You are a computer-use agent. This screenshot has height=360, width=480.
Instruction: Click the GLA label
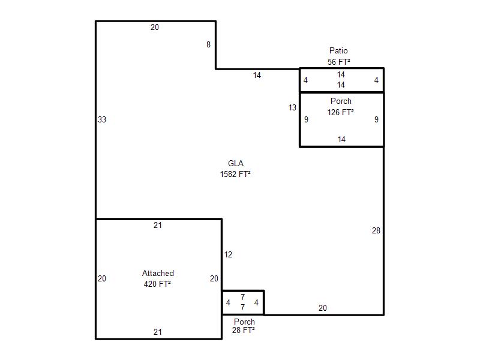tap(236, 163)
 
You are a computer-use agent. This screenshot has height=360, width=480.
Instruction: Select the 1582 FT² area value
tap(235, 174)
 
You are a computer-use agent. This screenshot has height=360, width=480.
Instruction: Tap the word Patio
tap(338, 50)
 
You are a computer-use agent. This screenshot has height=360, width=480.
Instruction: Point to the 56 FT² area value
tap(339, 62)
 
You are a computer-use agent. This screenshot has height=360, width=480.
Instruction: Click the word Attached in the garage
tap(158, 273)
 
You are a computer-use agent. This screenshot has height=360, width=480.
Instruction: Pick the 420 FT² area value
tap(157, 284)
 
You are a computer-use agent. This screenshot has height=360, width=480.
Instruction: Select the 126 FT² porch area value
tap(340, 112)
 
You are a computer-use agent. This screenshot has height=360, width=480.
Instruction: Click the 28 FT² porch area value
tap(244, 330)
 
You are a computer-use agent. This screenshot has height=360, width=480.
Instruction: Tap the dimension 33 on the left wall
tap(102, 119)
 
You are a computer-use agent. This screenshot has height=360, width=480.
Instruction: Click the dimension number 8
tap(208, 44)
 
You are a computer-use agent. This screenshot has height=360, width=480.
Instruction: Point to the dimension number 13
tap(292, 107)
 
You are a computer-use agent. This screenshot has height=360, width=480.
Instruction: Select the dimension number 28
tap(376, 230)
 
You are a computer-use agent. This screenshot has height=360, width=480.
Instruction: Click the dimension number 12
tap(228, 254)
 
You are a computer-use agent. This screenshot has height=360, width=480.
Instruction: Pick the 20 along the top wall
tap(155, 27)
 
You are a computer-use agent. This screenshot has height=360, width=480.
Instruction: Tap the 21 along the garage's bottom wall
tap(158, 332)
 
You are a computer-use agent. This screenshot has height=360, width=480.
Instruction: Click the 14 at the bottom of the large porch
tap(341, 140)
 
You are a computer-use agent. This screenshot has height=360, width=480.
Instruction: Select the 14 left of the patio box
tap(257, 76)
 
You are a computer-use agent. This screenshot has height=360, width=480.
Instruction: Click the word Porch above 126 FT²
tap(341, 101)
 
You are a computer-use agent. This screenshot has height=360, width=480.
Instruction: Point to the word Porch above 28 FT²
tap(244, 322)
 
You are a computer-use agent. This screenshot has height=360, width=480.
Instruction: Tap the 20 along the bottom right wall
tap(323, 308)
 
